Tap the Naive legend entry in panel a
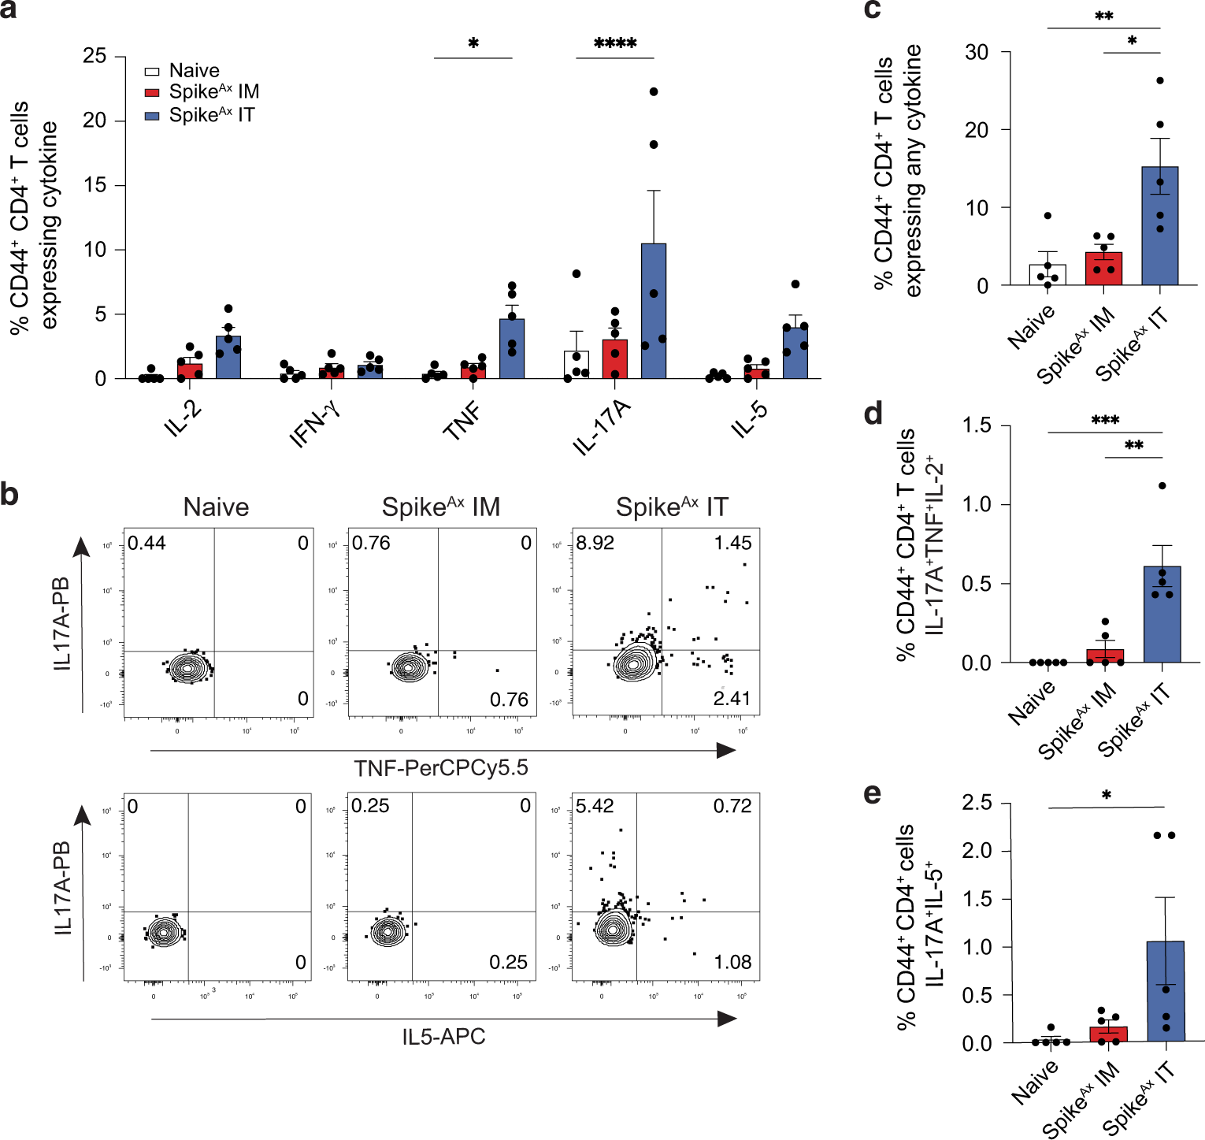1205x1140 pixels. pyautogui.click(x=194, y=70)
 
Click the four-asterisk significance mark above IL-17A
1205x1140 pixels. pyautogui.click(x=615, y=44)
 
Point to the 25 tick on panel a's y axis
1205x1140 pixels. pyautogui.click(x=95, y=56)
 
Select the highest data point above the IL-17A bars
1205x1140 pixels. pyautogui.click(x=654, y=92)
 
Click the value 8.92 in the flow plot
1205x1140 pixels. pyautogui.click(x=595, y=543)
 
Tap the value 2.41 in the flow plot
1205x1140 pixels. pyautogui.click(x=732, y=698)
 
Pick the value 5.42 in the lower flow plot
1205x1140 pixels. pyautogui.click(x=595, y=806)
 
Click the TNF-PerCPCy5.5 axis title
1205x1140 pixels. pyautogui.click(x=441, y=768)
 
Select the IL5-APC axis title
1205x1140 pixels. pyautogui.click(x=443, y=1037)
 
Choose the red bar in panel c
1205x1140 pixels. pyautogui.click(x=1103, y=269)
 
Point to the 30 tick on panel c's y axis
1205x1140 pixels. pyautogui.click(x=977, y=52)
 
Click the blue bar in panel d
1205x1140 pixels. pyautogui.click(x=1162, y=615)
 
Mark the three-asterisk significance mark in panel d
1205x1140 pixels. pyautogui.click(x=1105, y=421)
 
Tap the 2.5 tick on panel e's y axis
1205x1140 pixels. pyautogui.click(x=977, y=803)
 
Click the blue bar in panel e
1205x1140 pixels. pyautogui.click(x=1166, y=992)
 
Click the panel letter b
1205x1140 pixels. pyautogui.click(x=10, y=494)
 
